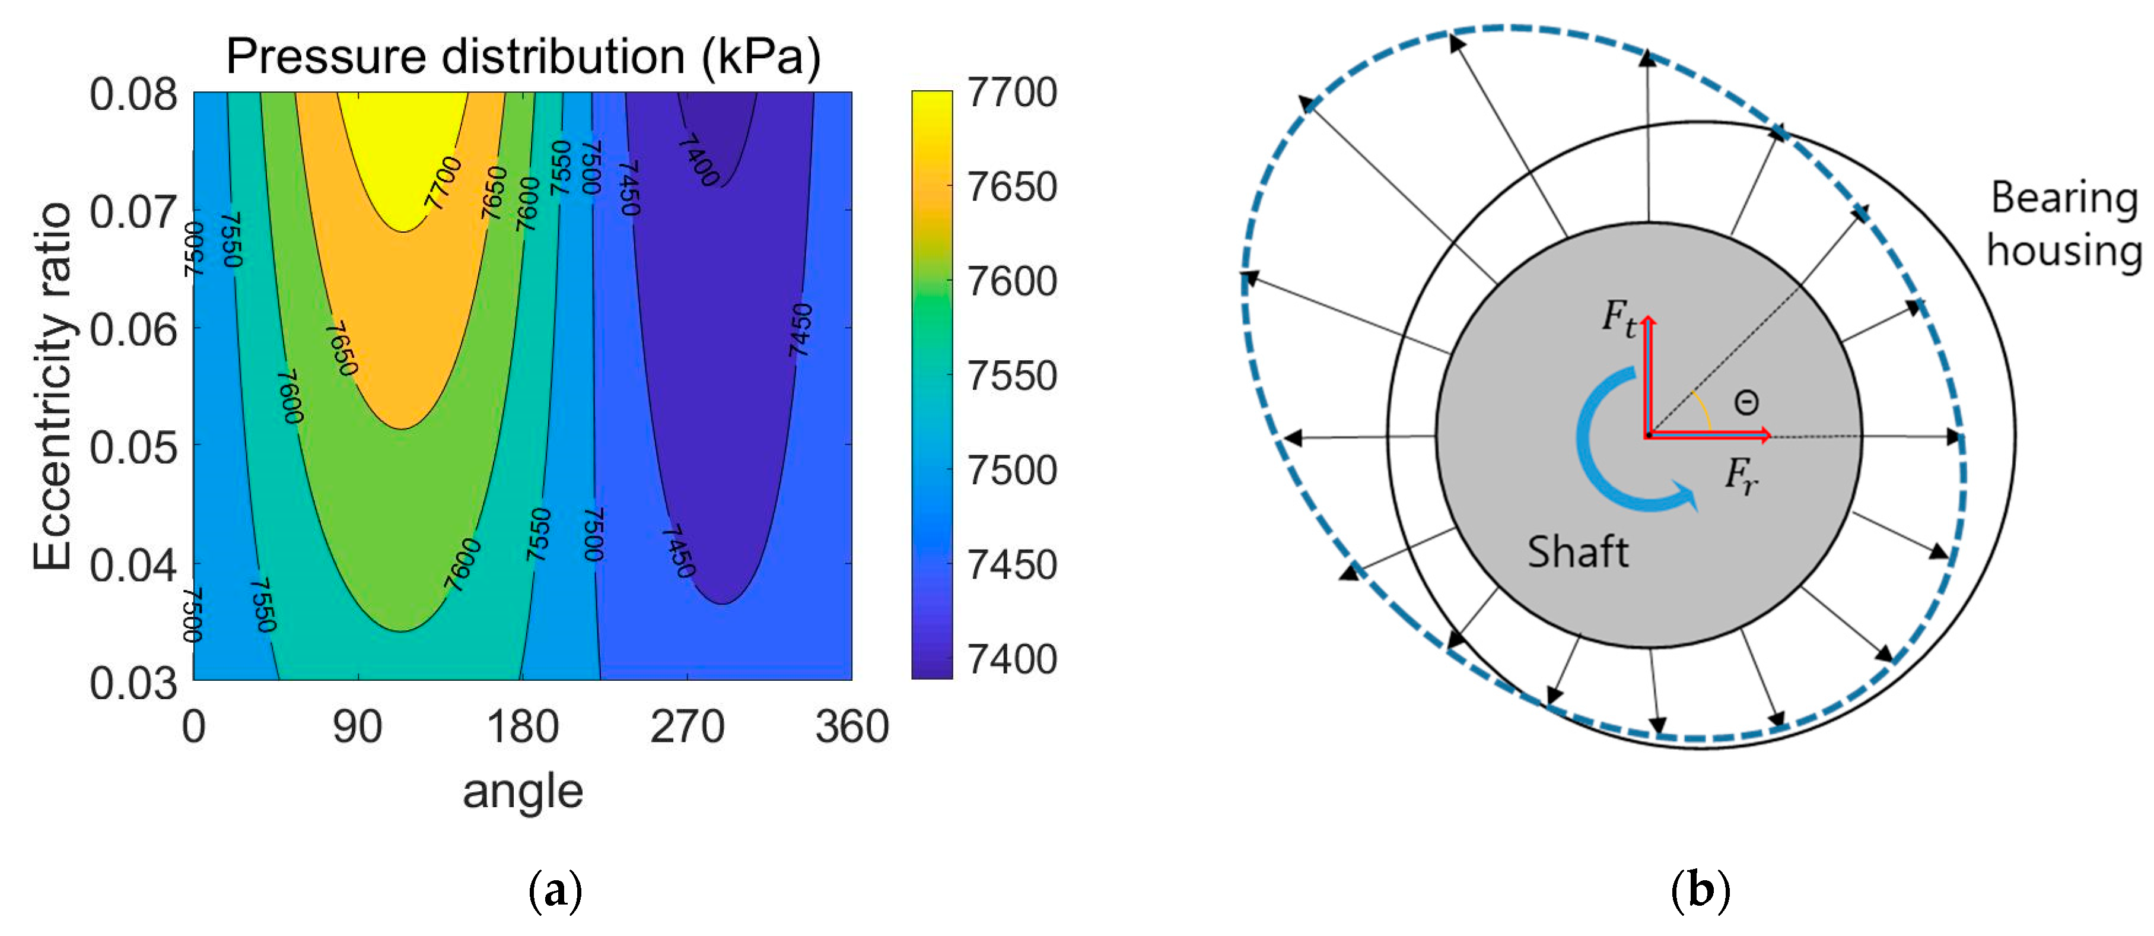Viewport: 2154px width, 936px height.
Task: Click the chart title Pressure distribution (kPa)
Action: coord(523,57)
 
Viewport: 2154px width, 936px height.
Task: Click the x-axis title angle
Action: coord(523,791)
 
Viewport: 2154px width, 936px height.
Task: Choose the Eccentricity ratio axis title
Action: coord(52,386)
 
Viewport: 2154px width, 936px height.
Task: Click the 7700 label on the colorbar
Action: coord(1012,92)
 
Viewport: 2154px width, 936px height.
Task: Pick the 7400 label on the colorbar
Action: coord(1012,659)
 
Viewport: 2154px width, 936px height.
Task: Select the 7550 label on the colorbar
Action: coord(1012,376)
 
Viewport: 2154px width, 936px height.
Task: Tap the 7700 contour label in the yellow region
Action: coord(443,182)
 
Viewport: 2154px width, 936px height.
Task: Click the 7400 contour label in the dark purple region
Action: coord(698,160)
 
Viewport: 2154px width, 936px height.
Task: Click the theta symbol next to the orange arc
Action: coord(1746,403)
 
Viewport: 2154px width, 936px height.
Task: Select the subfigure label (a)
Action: coord(555,891)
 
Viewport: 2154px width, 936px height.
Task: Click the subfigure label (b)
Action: coord(1700,891)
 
